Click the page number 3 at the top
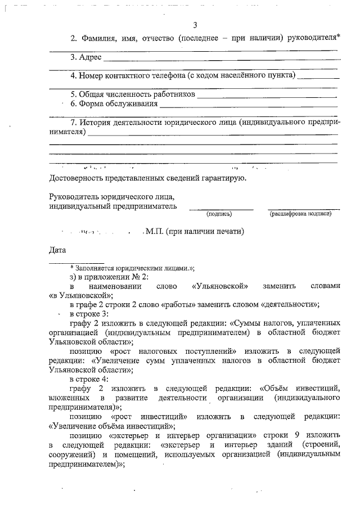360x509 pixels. [x=195, y=25]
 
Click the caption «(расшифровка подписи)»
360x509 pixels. [x=301, y=213]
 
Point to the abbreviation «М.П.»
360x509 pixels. [x=155, y=231]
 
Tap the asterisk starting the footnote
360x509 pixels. [x=72, y=268]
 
